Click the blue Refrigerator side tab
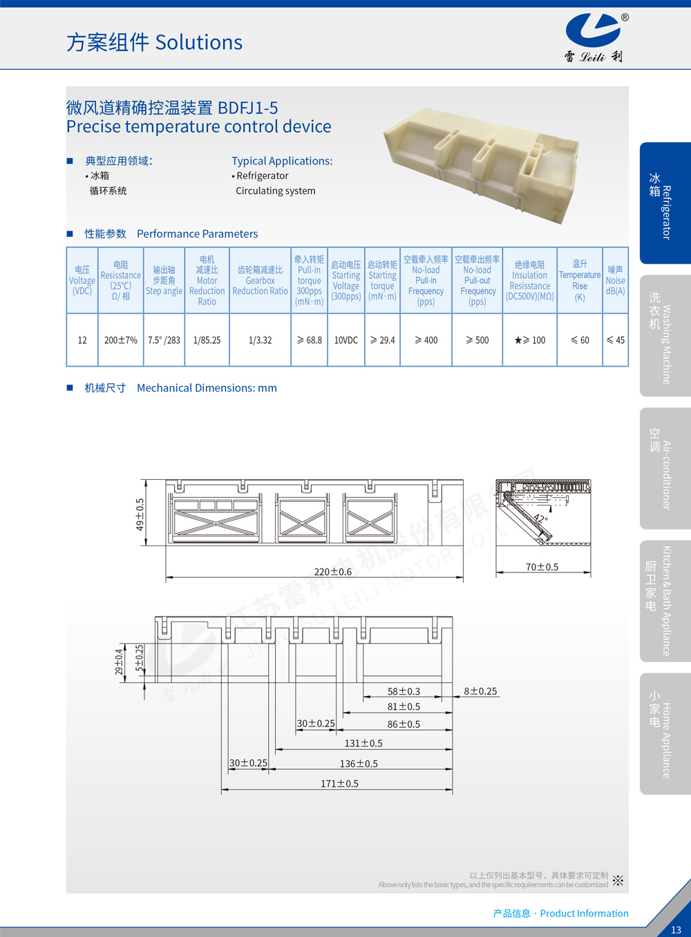665,203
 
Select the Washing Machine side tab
665,336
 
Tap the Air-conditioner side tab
665,468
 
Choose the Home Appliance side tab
665,733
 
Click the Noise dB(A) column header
615,280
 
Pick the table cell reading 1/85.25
207,340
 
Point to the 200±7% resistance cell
121,340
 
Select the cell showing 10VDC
346,340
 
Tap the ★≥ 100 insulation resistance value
530,340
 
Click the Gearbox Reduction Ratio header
260,280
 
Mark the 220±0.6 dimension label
333,572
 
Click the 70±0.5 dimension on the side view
542,567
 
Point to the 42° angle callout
540,518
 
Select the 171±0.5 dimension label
339,784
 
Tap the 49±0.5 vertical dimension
140,514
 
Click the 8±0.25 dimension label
480,691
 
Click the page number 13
676,929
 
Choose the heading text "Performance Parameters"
197,234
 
